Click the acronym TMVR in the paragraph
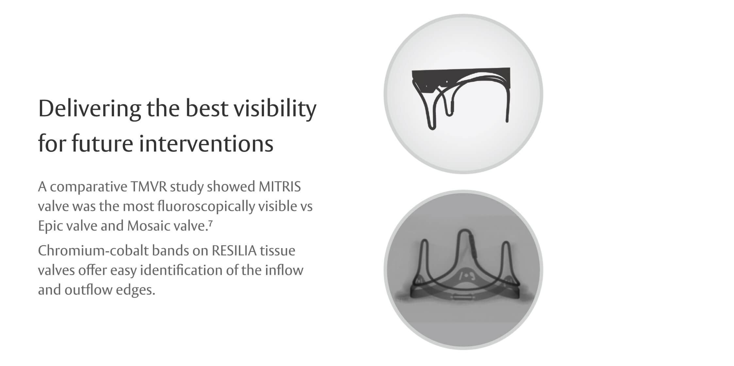tap(149, 187)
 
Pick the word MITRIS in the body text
tap(279, 187)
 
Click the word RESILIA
tap(234, 251)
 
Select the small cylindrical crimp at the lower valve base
tap(461, 297)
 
